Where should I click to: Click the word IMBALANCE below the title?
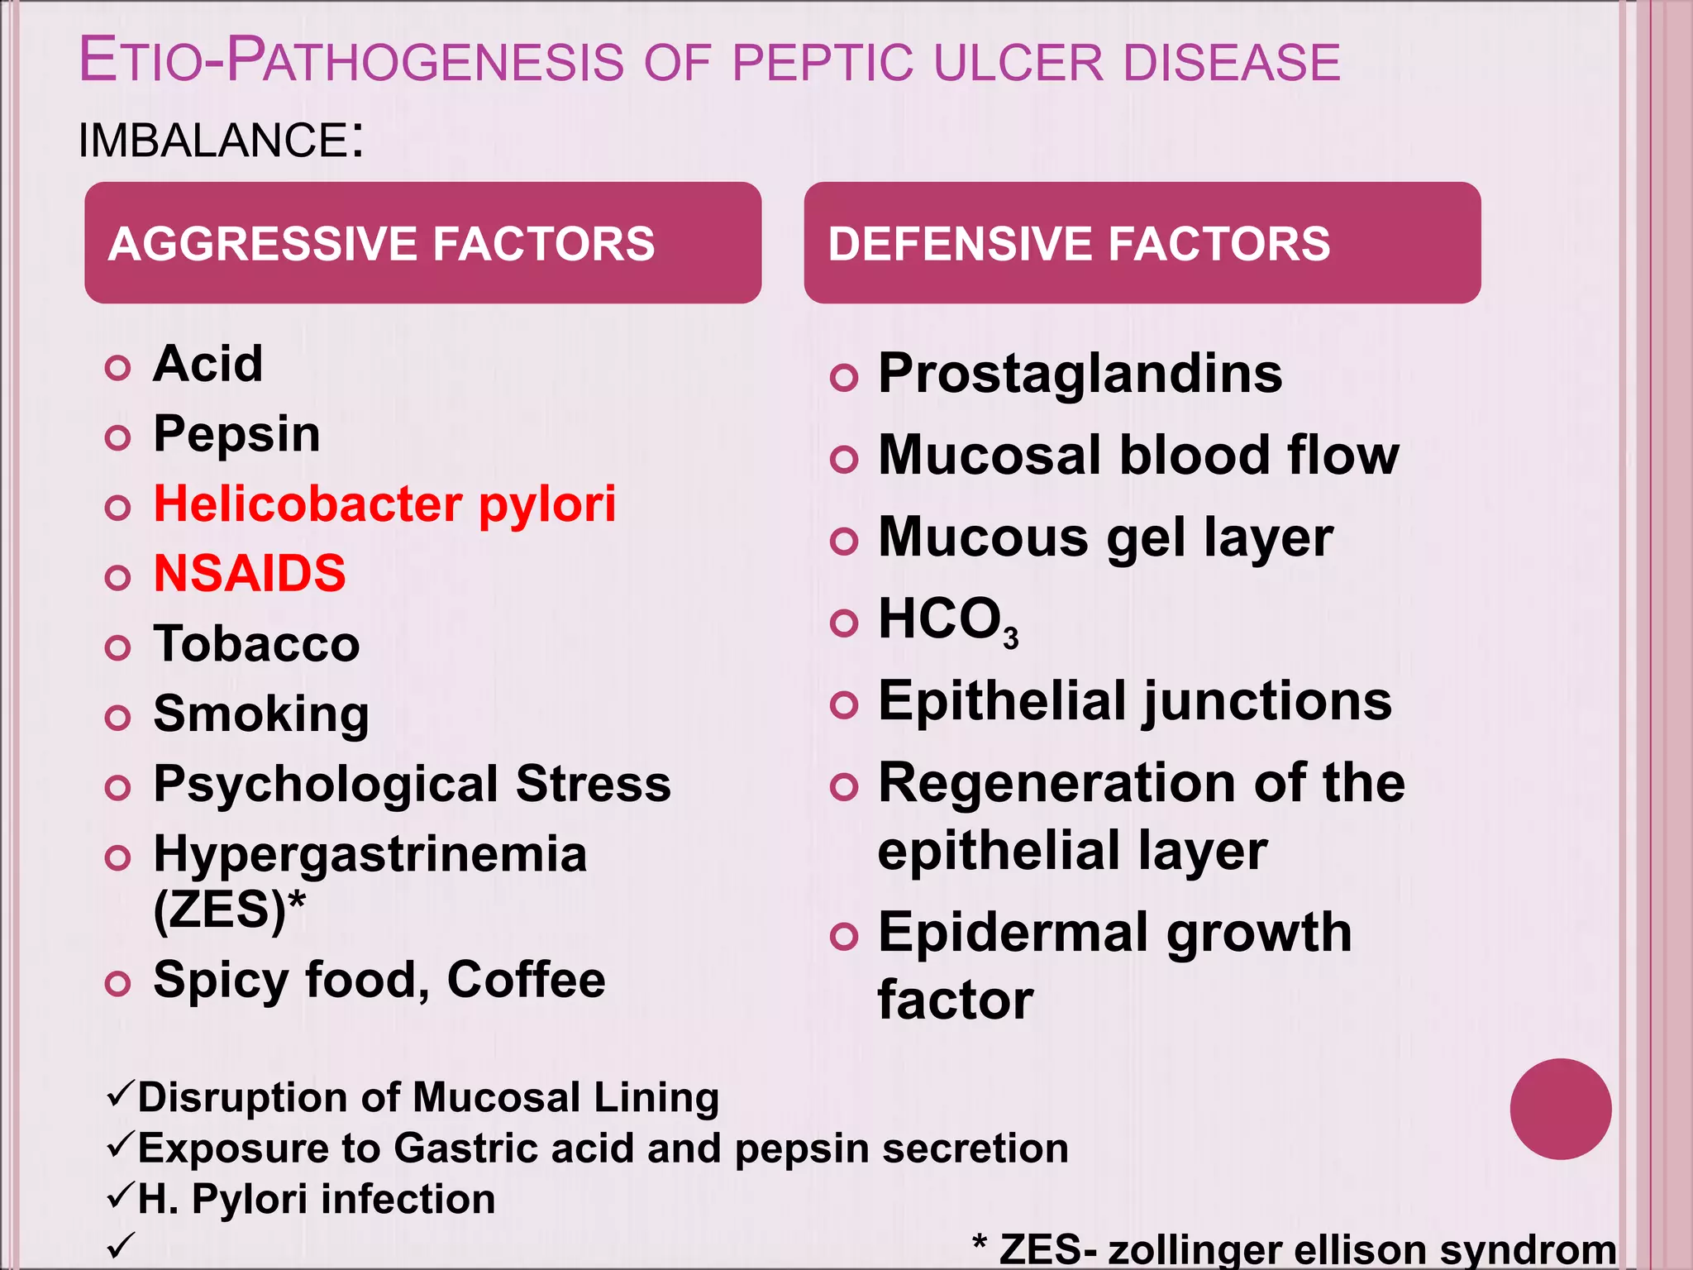tap(213, 140)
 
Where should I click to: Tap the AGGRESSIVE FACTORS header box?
tap(422, 242)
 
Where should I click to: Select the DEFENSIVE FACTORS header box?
tap(1142, 242)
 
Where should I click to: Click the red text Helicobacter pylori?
tap(384, 504)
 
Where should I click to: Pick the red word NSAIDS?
tap(250, 573)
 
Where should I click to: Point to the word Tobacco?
tap(256, 643)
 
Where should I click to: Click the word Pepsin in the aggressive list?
tap(236, 434)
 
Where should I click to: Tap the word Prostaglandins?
tap(1080, 374)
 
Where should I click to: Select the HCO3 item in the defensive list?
tap(947, 620)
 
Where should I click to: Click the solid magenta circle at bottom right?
tap(1560, 1109)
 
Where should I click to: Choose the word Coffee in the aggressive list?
tap(527, 980)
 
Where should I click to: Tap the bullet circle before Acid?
tap(118, 367)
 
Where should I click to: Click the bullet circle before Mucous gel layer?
tap(843, 542)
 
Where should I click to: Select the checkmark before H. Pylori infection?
tap(121, 1196)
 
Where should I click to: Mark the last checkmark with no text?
tap(121, 1245)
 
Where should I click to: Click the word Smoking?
tap(261, 714)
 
